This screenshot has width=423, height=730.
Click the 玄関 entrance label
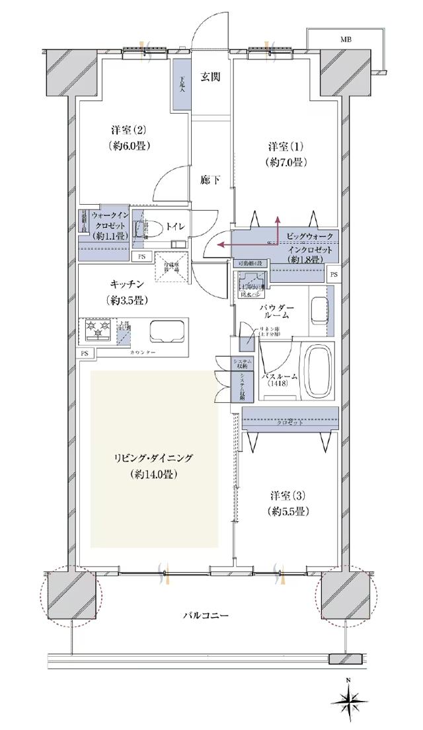click(211, 77)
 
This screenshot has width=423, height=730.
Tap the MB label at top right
click(346, 40)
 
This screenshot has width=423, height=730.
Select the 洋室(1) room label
click(286, 145)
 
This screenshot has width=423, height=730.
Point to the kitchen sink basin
click(167, 330)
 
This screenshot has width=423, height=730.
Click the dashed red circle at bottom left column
click(69, 595)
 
